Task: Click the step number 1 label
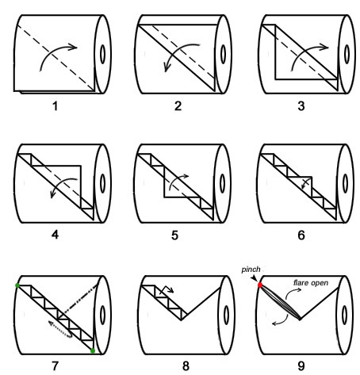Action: pos(55,106)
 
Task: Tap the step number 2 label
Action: pos(178,106)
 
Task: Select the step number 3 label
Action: pos(301,106)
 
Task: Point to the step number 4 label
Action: pos(55,235)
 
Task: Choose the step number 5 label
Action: pos(174,235)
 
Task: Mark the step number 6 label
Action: pos(301,235)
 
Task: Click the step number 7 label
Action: pos(55,366)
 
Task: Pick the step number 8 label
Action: pos(186,366)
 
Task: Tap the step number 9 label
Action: pos(301,366)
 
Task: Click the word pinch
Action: pos(251,270)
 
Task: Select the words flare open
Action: pos(311,283)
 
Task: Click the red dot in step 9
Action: pos(260,285)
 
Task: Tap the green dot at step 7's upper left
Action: pos(17,285)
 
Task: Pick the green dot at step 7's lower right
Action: pos(93,350)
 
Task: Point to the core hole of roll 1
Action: pos(102,55)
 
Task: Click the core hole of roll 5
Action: pos(222,183)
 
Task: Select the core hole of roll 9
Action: pos(344,315)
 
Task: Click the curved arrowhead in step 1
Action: pos(73,47)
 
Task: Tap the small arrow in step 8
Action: pos(166,289)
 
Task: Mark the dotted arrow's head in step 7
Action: pos(51,323)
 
